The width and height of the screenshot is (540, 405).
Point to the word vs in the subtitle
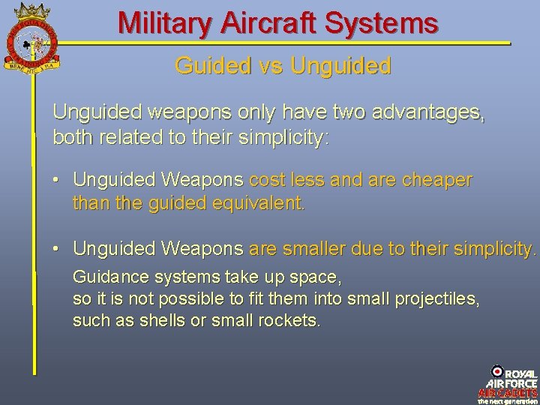(x=266, y=66)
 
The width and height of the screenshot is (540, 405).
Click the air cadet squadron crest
(x=31, y=37)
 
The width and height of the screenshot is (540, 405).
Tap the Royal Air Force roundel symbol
(x=497, y=371)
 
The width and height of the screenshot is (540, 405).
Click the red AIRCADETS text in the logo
(x=508, y=393)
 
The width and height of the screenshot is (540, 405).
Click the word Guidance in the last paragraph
(x=109, y=277)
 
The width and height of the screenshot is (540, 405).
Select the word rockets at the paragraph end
(x=291, y=321)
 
